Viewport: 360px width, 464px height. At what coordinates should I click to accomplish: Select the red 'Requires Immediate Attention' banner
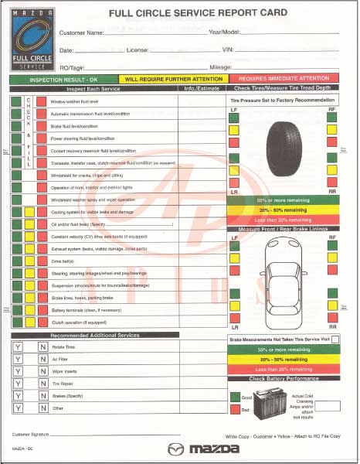pos(284,78)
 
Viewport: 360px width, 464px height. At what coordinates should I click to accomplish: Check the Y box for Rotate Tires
pos(17,348)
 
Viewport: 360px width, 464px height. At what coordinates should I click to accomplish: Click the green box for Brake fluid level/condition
pos(16,126)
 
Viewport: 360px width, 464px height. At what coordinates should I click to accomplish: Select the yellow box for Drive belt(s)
pos(29,261)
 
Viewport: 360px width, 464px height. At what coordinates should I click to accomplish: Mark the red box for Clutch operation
pos(42,322)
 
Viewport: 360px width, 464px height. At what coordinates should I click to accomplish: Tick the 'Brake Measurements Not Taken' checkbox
pos(335,339)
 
